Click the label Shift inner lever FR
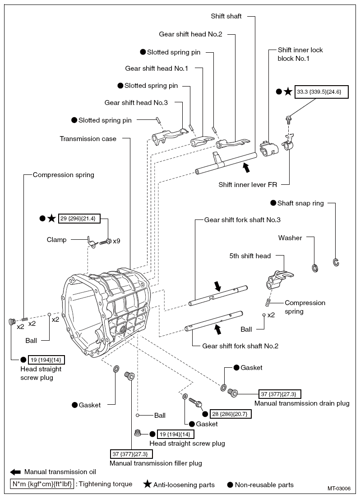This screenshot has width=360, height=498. pyautogui.click(x=248, y=184)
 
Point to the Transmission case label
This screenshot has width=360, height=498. pyautogui.click(x=88, y=139)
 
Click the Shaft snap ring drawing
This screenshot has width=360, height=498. pyautogui.click(x=336, y=262)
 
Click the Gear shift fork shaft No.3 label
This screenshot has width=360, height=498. pyautogui.click(x=242, y=220)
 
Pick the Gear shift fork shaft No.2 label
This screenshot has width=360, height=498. pyautogui.click(x=240, y=346)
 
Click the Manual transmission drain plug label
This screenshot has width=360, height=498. pyautogui.click(x=302, y=403)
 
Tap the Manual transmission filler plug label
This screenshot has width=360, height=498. pyautogui.click(x=156, y=463)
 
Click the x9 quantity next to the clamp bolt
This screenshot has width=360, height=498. pyautogui.click(x=116, y=241)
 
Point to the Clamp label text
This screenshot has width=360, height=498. pyautogui.click(x=56, y=240)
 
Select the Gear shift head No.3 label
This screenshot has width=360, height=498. pyautogui.click(x=136, y=103)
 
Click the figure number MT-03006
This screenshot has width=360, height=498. pyautogui.click(x=339, y=489)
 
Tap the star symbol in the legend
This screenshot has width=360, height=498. pyautogui.click(x=147, y=485)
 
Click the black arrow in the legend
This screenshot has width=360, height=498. pyautogui.click(x=15, y=472)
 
